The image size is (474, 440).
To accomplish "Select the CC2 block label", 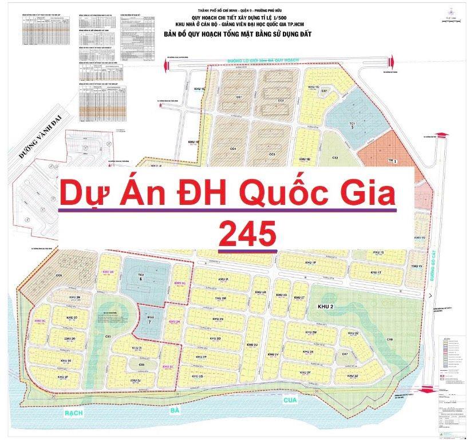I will coord(281,101).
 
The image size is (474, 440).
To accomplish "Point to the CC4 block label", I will coord(233,149).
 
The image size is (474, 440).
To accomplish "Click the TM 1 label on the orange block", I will coord(393,162).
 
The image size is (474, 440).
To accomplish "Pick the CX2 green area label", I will coord(335,157).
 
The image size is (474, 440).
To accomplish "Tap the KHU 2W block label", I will coord(311,332).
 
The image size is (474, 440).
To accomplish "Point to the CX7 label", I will coord(345,355).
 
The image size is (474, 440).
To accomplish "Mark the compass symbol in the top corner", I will coord(453,12).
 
